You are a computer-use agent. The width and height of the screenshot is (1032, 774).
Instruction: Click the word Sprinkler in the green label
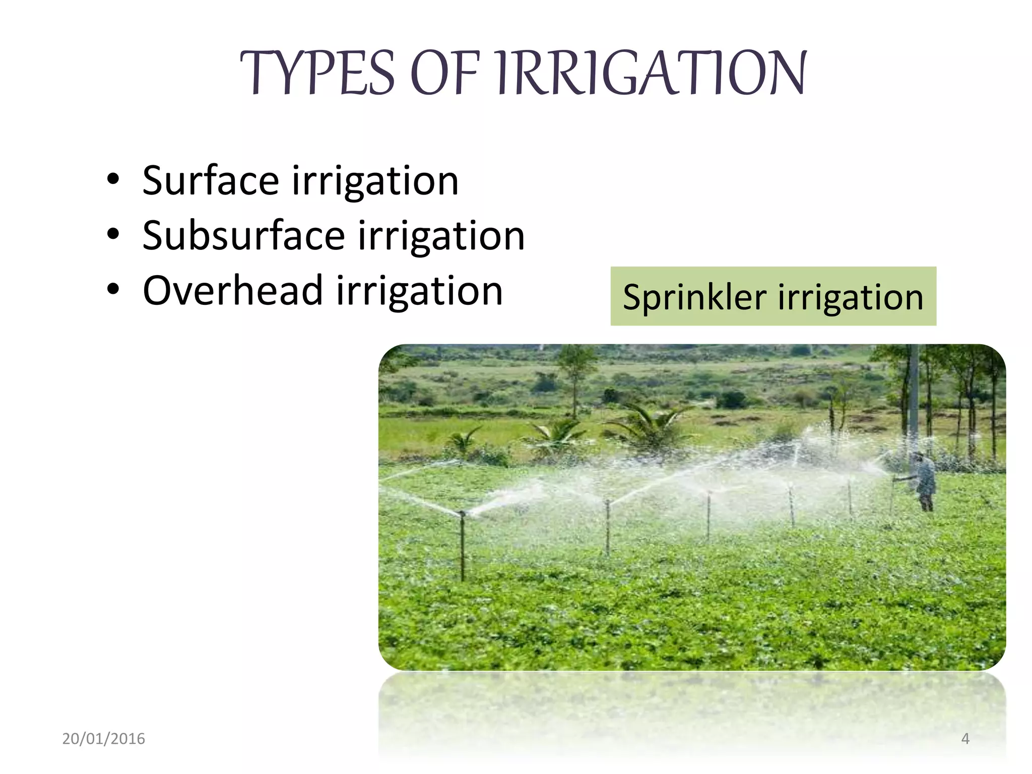tap(694, 297)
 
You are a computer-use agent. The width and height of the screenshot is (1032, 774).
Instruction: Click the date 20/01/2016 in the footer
tap(103, 739)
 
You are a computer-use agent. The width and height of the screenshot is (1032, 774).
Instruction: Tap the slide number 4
tap(965, 739)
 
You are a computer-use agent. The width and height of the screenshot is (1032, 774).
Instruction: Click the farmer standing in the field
tap(925, 481)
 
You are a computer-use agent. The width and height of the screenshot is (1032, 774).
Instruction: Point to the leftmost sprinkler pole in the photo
tap(462, 547)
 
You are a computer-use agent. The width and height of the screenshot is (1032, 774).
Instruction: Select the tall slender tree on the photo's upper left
tap(575, 378)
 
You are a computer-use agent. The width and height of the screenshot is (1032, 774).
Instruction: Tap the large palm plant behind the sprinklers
tap(650, 428)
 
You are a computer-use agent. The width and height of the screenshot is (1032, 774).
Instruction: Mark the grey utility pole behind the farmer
tap(914, 398)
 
